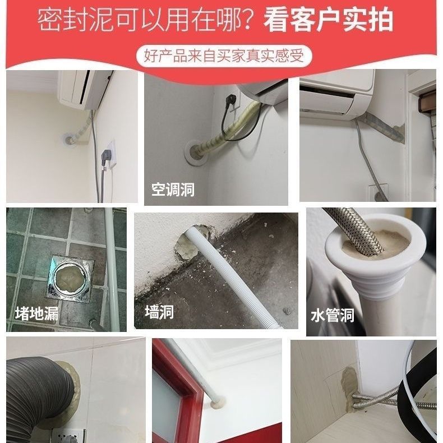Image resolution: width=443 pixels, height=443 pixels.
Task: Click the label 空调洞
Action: tap(173, 190)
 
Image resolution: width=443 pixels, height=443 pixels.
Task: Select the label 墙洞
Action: tap(159, 312)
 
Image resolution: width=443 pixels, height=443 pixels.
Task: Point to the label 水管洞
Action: tap(333, 315)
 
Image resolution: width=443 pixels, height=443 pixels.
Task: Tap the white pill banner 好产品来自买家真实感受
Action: tap(224, 56)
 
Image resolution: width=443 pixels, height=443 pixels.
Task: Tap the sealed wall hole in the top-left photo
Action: tap(69, 137)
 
